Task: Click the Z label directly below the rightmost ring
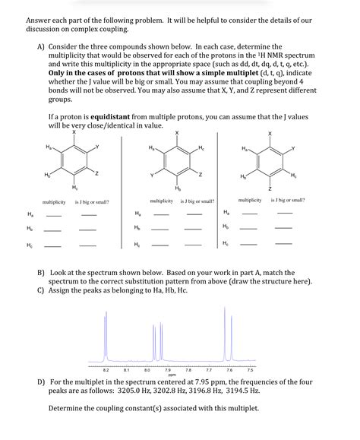[x=269, y=187]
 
